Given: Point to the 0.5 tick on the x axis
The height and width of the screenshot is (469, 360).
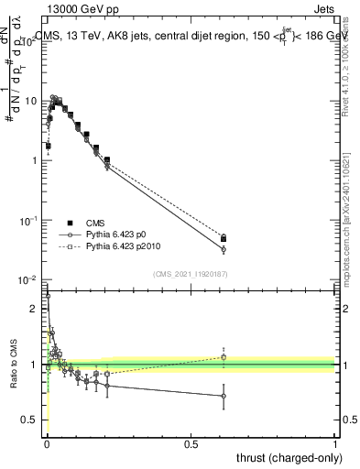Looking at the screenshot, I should tap(191, 442).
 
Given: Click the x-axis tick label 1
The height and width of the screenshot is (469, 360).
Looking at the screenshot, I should tap(335, 442).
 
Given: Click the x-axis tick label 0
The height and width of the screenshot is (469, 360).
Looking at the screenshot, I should tap(47, 442).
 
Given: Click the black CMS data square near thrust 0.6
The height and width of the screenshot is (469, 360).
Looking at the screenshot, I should tap(224, 239).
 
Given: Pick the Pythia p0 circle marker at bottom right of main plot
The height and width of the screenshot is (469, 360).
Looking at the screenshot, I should tap(224, 249).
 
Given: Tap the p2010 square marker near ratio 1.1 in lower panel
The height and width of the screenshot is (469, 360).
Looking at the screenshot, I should tap(224, 357).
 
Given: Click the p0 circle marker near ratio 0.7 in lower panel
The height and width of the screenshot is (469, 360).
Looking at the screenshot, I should tap(224, 397).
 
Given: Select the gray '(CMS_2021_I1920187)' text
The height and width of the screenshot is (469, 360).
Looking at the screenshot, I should tap(191, 272).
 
